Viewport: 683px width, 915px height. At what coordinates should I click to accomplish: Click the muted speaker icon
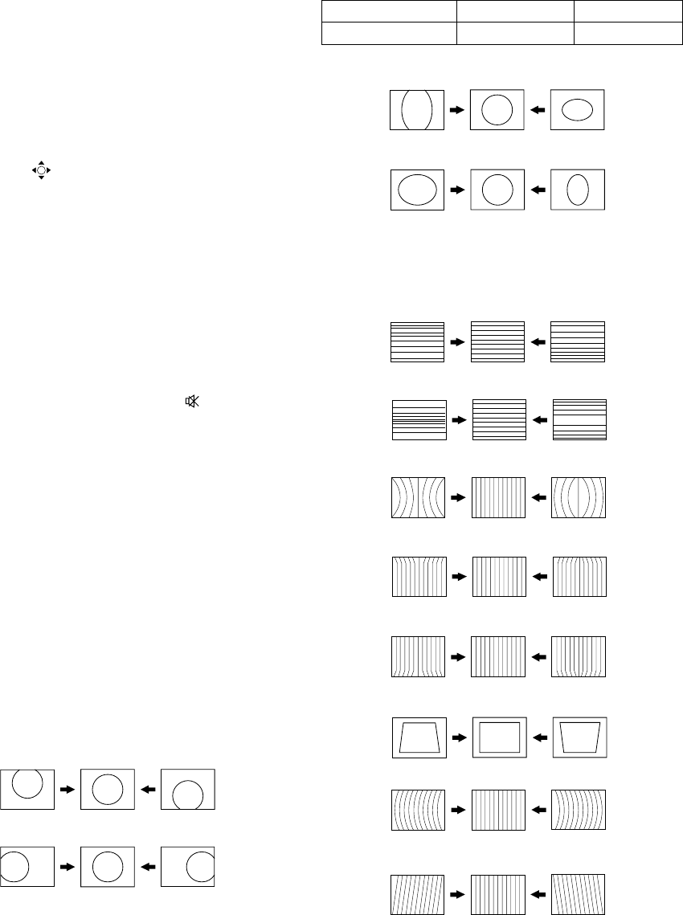pos(192,401)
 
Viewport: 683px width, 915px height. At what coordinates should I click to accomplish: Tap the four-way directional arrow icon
pos(41,170)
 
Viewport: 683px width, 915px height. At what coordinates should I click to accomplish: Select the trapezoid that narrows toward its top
pos(418,736)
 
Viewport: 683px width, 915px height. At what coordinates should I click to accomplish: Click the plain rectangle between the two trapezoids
pos(499,736)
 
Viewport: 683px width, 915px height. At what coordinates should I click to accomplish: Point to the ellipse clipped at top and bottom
pos(417,109)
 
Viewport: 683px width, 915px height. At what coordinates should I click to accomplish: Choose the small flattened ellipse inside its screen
pos(576,110)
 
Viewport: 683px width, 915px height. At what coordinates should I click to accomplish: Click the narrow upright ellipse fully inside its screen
pos(578,190)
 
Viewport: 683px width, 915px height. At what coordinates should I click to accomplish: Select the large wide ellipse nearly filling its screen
pos(417,190)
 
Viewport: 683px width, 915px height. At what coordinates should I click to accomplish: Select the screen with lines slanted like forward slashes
pos(417,893)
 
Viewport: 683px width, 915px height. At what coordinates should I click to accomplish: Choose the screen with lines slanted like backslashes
pos(579,893)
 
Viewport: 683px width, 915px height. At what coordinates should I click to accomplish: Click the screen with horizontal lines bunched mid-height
pos(418,419)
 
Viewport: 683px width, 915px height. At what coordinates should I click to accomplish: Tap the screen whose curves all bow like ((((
pos(418,811)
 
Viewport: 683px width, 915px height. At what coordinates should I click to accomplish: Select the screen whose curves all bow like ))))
pos(579,811)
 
